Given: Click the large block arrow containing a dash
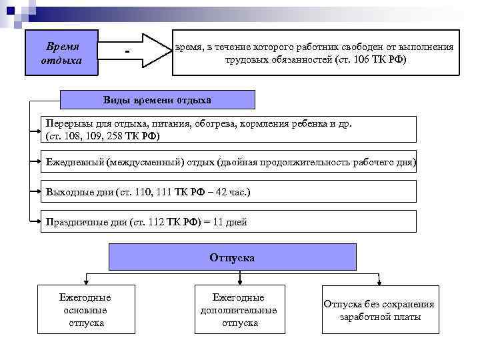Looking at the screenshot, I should point(137,52).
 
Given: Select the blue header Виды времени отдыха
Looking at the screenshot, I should point(157,100).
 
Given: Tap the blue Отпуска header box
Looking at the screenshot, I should point(232,257).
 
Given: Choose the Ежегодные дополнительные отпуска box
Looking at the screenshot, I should point(238,309).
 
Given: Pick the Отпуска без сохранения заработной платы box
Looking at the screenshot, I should point(379,310).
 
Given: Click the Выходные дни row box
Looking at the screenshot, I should point(230,192).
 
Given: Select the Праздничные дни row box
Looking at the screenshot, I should point(230,222).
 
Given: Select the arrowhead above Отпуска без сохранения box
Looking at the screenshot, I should point(379,281).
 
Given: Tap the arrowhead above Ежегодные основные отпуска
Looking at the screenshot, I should point(85,281).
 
